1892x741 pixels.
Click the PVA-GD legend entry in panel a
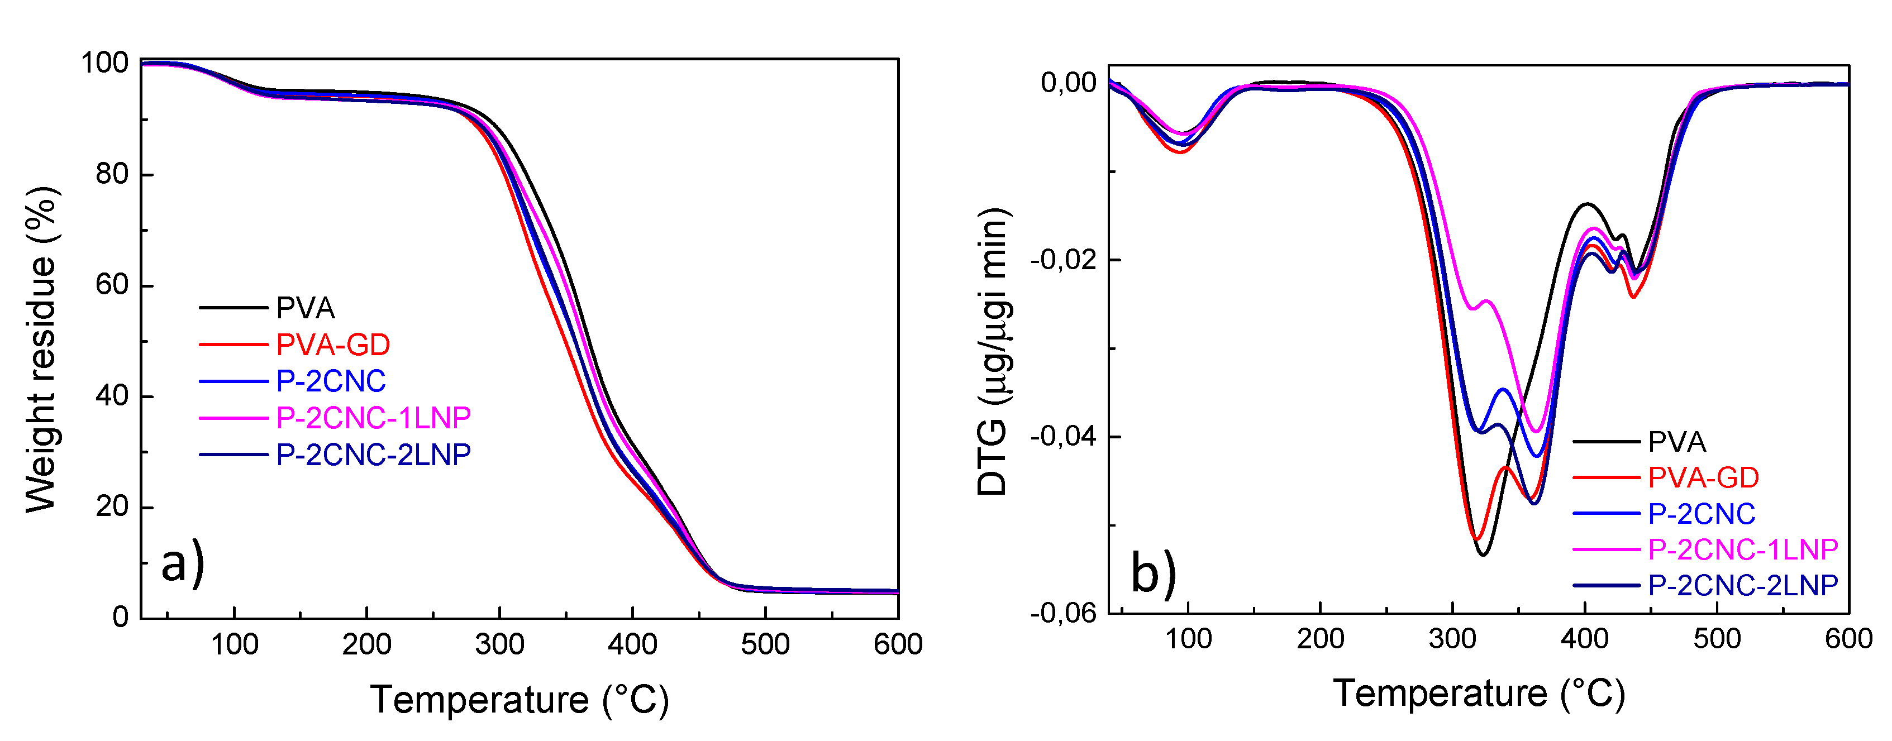coord(333,345)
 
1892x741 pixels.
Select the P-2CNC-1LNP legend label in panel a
coord(373,418)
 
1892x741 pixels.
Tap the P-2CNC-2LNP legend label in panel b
coord(1743,585)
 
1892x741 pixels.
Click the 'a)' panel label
coord(182,564)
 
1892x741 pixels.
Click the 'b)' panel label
coord(1153,573)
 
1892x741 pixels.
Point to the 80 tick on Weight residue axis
coord(112,175)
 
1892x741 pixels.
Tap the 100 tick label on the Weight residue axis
coord(104,63)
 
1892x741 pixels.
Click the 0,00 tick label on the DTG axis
coord(1069,83)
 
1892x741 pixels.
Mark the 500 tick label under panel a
coord(765,645)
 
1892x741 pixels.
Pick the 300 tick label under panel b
coord(1452,639)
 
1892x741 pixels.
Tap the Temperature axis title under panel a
coord(520,699)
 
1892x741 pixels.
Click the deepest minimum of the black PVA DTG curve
coord(1483,554)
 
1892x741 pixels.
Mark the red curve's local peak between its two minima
coord(1505,467)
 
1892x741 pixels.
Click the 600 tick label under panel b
coord(1848,639)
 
